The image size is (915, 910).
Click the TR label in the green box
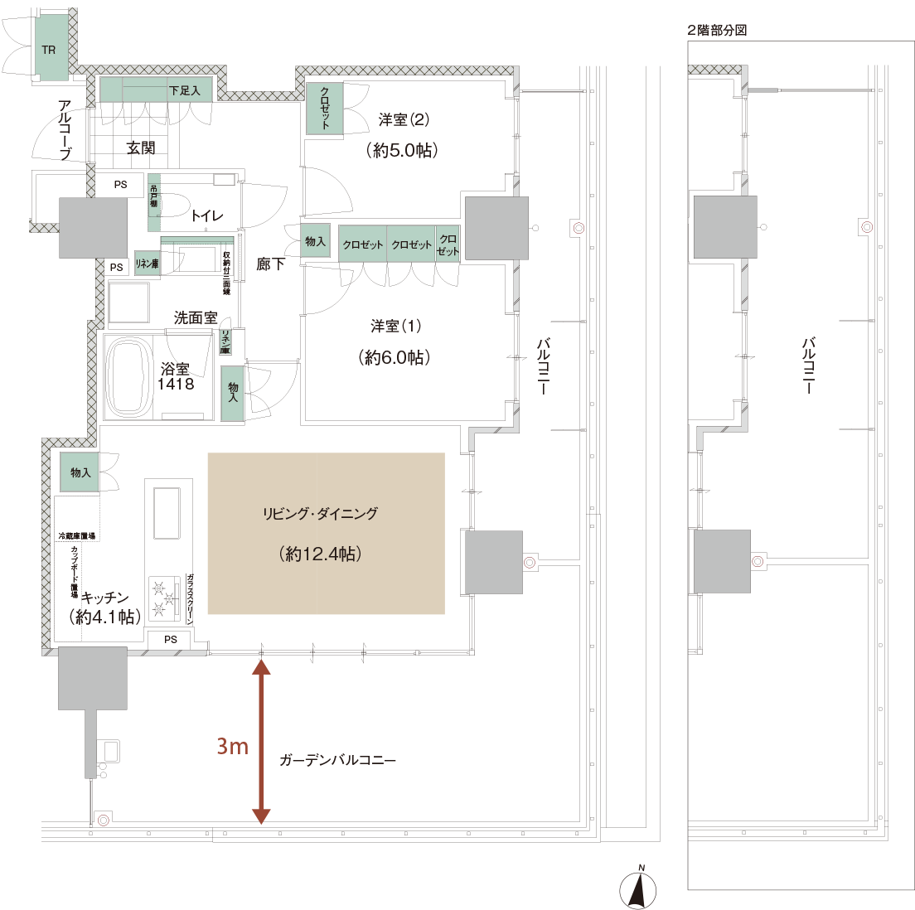pos(49,51)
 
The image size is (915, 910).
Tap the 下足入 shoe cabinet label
pos(184,90)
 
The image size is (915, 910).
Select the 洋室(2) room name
pos(404,120)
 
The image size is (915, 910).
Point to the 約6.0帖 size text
pos(395,357)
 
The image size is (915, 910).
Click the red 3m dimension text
pos(232,747)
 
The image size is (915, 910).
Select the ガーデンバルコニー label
pos(337,760)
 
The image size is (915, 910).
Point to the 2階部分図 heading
pos(717,31)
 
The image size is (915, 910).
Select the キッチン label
pos(104,598)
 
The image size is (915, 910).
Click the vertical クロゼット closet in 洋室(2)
pos(324,107)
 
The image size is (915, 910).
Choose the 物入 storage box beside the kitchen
pos(80,472)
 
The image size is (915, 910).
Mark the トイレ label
pos(207,216)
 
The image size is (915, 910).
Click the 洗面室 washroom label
pos(196,317)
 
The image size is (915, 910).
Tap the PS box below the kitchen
pos(171,639)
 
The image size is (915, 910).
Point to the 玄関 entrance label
pos(141,148)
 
